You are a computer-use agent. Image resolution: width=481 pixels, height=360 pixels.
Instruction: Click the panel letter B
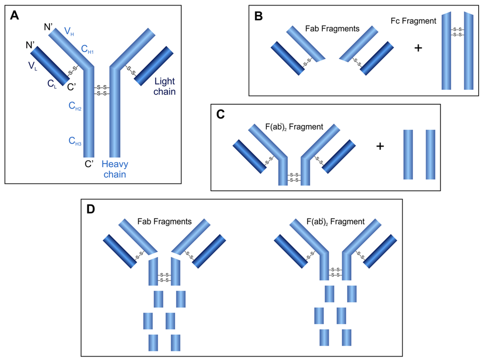pyautogui.click(x=258, y=16)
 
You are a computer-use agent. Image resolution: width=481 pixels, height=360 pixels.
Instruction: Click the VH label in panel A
pyautogui.click(x=69, y=32)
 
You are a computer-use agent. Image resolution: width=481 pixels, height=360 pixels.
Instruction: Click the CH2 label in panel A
pyautogui.click(x=75, y=108)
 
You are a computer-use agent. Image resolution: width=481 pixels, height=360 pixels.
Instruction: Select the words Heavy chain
pyautogui.click(x=115, y=169)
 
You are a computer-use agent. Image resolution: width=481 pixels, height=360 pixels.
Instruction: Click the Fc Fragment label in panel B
pyautogui.click(x=413, y=21)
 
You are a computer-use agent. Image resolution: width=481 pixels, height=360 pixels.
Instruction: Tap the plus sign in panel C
pyautogui.click(x=380, y=147)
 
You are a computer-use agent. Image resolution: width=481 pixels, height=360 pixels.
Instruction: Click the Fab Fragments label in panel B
pyautogui.click(x=332, y=29)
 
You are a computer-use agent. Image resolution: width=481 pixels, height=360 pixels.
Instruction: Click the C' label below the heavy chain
pyautogui.click(x=90, y=164)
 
